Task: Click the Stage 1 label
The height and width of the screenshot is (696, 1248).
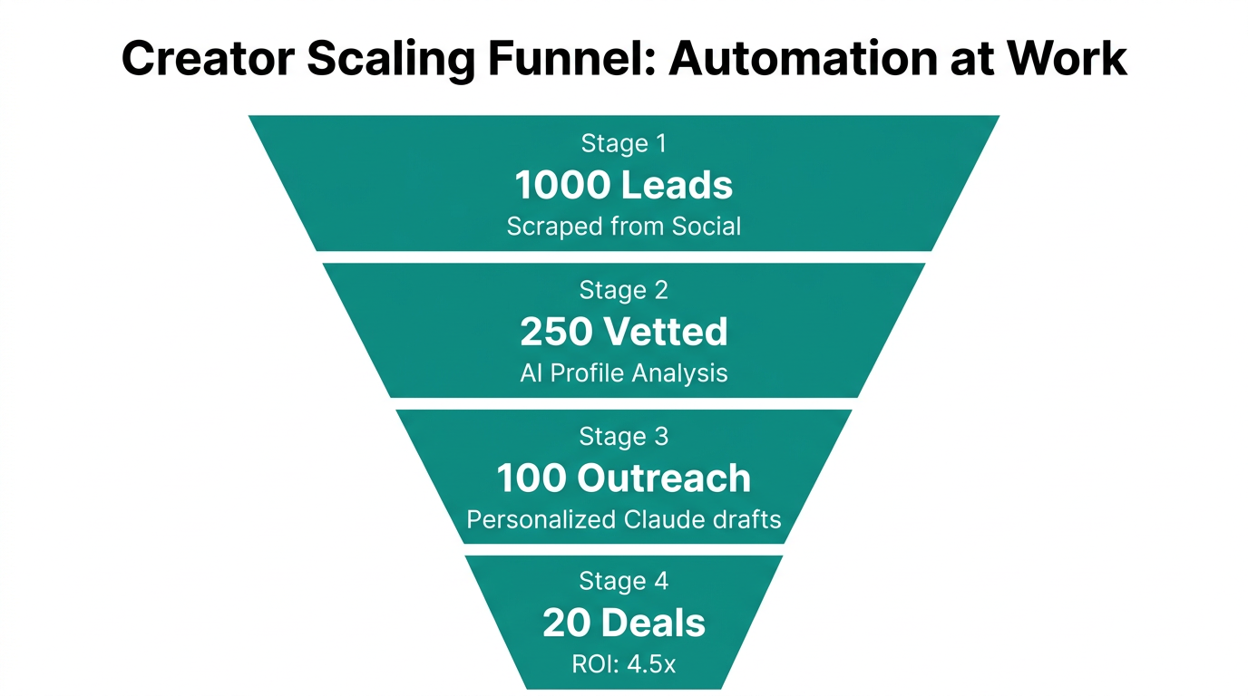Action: point(623,143)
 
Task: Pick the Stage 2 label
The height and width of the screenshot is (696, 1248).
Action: point(623,290)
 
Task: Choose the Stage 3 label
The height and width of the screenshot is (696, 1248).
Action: point(623,436)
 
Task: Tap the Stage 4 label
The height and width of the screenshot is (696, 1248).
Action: point(623,582)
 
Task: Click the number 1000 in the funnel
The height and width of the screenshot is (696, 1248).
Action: point(561,185)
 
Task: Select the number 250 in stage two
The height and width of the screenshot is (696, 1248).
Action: point(556,332)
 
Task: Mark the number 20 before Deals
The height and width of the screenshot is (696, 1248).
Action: point(566,623)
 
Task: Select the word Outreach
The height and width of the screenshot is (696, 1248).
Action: point(677,478)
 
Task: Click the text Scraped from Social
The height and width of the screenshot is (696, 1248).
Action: point(623,226)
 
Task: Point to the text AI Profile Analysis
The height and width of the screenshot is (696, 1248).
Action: point(623,372)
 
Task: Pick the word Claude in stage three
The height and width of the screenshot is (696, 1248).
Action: point(666,519)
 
